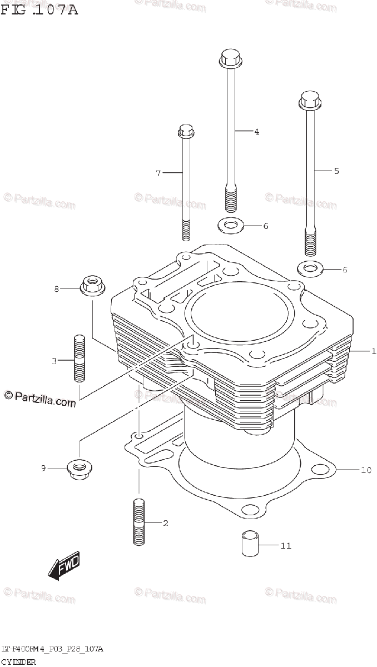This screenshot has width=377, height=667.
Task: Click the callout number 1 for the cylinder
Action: tap(374, 351)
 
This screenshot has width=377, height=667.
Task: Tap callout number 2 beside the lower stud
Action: tap(165, 523)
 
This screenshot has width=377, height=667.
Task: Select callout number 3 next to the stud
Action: tap(54, 361)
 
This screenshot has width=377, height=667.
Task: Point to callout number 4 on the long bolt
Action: tap(256, 132)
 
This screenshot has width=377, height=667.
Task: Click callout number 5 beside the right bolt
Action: tap(336, 171)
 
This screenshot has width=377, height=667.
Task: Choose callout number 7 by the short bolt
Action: tap(158, 173)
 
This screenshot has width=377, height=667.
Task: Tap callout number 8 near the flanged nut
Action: tap(56, 288)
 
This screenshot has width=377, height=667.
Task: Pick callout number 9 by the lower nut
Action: tap(43, 469)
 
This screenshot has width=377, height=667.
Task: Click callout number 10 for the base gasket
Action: tap(365, 471)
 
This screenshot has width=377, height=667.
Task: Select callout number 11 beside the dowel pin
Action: tap(285, 546)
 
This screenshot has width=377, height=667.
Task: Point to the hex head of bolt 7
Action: tap(185, 132)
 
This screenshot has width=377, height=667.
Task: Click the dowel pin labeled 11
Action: tap(250, 542)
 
